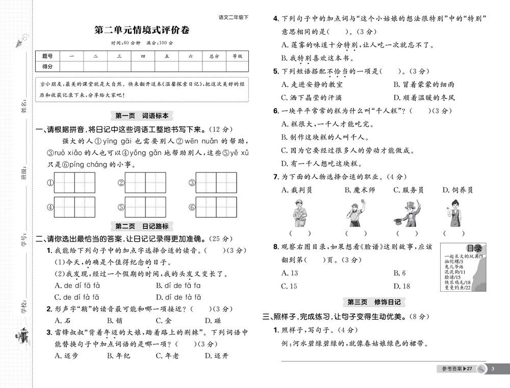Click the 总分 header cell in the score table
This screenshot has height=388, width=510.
pos(213,56)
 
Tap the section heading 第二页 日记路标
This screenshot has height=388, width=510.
pos(142,226)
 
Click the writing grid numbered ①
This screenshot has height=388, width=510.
pos(74,183)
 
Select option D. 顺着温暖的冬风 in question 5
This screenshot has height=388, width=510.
pos(423,97)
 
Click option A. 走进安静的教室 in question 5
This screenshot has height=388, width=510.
pos(312,84)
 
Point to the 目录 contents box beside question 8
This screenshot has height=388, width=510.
pos(463,267)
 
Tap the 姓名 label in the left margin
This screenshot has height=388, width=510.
pos(23,107)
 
